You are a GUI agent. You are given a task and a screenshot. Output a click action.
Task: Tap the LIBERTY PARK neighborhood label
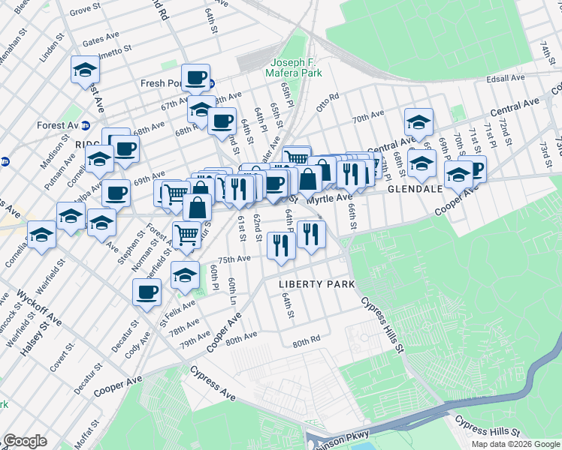(315, 284)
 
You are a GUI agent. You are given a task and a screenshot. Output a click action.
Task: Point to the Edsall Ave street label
(506, 78)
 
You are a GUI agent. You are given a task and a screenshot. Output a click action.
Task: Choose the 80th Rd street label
(307, 340)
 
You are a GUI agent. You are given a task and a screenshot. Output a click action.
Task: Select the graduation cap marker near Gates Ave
(86, 70)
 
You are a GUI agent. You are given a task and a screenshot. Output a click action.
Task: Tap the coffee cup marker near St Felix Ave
(147, 292)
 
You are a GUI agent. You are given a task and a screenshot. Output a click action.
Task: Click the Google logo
(25, 441)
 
